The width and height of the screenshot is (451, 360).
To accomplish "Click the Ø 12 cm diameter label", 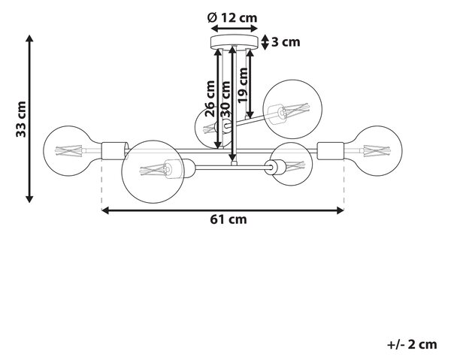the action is [x=232, y=18].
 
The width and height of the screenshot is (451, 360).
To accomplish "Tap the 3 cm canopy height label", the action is [x=286, y=42].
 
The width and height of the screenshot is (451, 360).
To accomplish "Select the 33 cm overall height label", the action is [x=21, y=119].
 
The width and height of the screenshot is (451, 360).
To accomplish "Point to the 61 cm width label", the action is [x=228, y=219].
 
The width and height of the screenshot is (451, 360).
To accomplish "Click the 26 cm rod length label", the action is [x=210, y=98].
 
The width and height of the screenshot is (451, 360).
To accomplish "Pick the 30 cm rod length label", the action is [x=225, y=99].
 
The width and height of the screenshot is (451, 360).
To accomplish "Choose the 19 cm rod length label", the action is [x=243, y=85].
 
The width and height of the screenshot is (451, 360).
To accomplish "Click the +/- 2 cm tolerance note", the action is [x=412, y=344].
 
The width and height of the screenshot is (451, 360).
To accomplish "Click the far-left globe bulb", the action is [x=73, y=150].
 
